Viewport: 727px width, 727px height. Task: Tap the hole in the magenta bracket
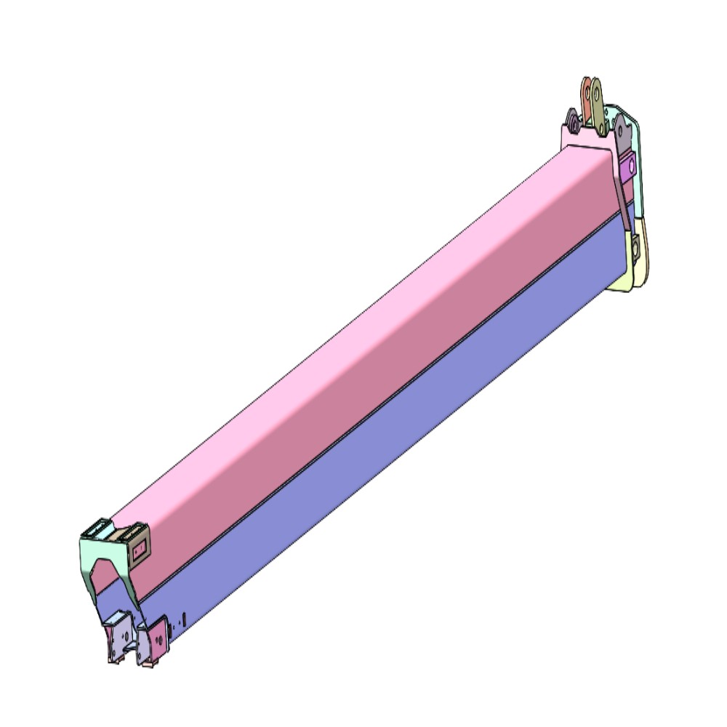pyautogui.click(x=631, y=166)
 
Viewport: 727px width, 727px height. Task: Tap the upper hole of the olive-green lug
pyautogui.click(x=597, y=91)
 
